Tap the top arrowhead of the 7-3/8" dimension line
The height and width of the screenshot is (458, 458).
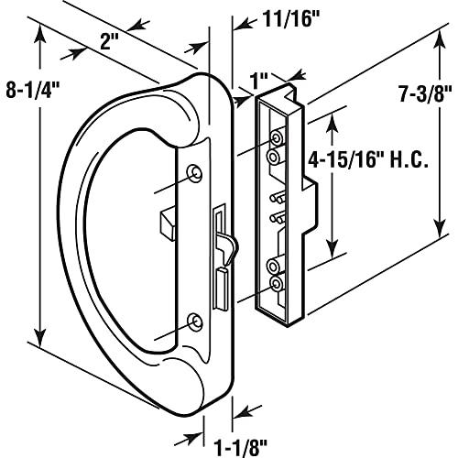pyautogui.click(x=436, y=34)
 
